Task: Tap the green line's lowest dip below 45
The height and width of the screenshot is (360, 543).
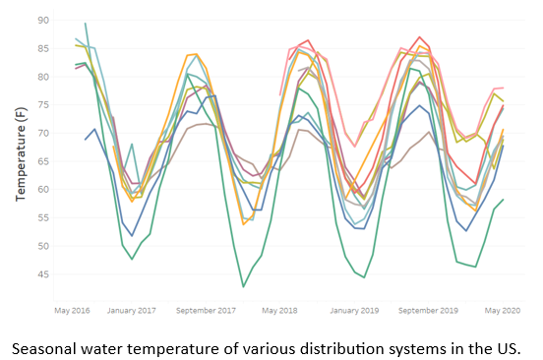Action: pos(244,286)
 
